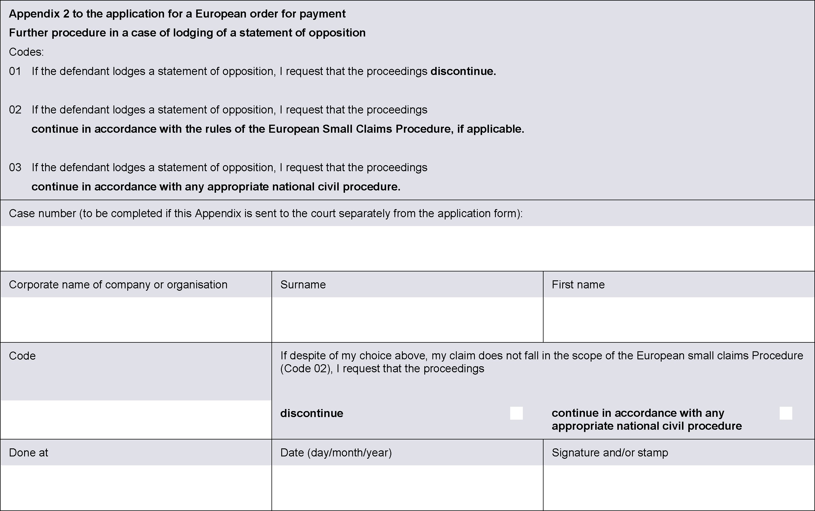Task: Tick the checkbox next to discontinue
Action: point(516,413)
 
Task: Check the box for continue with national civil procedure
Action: point(786,413)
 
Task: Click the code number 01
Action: point(15,71)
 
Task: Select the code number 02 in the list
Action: point(15,110)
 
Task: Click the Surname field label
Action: point(303,285)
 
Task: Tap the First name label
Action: point(578,285)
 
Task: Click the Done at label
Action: point(29,452)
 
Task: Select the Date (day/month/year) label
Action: point(336,452)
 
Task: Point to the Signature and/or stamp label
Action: point(610,452)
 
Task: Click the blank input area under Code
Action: point(136,419)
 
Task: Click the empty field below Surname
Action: point(407,319)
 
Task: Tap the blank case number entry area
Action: point(407,248)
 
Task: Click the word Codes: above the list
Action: point(26,52)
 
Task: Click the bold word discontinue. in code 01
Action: point(463,71)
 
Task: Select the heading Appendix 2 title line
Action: point(177,14)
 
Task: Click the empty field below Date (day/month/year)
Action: point(407,487)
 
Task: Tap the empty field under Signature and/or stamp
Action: point(679,487)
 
